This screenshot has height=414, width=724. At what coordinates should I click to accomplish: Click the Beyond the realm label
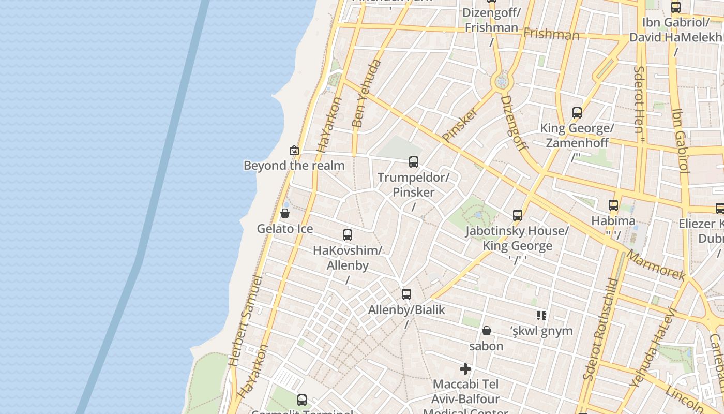pos(294,166)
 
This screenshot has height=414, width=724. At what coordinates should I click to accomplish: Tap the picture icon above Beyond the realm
pos(294,150)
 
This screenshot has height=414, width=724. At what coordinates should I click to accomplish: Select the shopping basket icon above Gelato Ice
pos(284,213)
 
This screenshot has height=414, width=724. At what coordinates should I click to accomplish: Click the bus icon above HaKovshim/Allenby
pos(348,235)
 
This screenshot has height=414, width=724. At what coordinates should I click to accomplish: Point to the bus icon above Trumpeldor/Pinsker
pos(414,162)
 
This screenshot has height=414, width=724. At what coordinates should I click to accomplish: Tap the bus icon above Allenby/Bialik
pos(406,294)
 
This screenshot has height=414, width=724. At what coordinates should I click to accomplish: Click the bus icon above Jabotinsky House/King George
pos(517,215)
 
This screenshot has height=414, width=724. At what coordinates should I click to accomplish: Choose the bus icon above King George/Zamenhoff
pos(577,113)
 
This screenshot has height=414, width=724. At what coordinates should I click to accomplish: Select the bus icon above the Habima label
pos(613,205)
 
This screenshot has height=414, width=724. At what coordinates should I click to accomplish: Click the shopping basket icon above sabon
pos(486,331)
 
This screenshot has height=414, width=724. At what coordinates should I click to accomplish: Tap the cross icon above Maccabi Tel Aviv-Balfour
pos(465,369)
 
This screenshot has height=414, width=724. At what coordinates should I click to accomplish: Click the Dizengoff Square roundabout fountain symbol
pos(501,82)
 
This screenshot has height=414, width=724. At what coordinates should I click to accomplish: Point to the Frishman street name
pos(551,35)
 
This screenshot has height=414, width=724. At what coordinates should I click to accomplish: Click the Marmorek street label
pos(656,265)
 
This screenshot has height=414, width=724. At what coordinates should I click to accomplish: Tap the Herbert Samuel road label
pos(246,321)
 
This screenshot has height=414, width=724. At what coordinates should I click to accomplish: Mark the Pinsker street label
pos(460,124)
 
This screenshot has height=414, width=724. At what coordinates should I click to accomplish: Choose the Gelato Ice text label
pos(285,228)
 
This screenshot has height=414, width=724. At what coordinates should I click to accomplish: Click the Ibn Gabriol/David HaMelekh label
pos(676,30)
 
